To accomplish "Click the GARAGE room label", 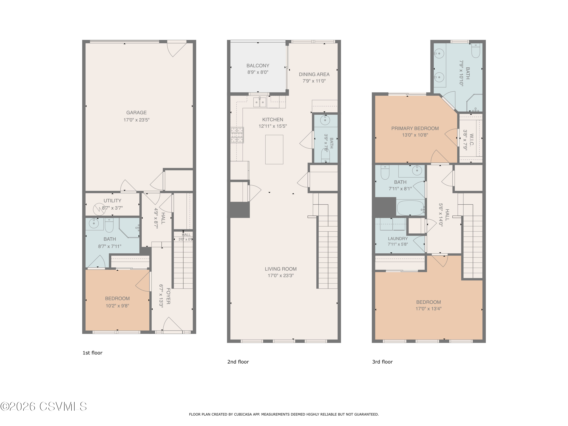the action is coord(136,112).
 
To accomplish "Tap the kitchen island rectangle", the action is coord(274,149).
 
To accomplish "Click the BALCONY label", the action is coord(258,66).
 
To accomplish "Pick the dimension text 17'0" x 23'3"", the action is coord(281,275).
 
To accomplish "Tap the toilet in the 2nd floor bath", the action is coord(325,155).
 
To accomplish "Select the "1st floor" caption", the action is coord(92,353).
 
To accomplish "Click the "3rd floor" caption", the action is coord(382,362).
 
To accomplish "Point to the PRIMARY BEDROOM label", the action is coord(415,128).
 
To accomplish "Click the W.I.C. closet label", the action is coord(471,139).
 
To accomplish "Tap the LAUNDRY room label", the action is coord(398,239).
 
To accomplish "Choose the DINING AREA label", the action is coord(314,74).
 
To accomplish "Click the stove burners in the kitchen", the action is coord(237,135).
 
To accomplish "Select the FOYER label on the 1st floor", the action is coord(168,296).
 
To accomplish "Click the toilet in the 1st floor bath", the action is coord(109,225).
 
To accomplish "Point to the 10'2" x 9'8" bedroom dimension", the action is coord(117,306).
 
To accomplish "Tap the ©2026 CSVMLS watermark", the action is coord(44,406).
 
